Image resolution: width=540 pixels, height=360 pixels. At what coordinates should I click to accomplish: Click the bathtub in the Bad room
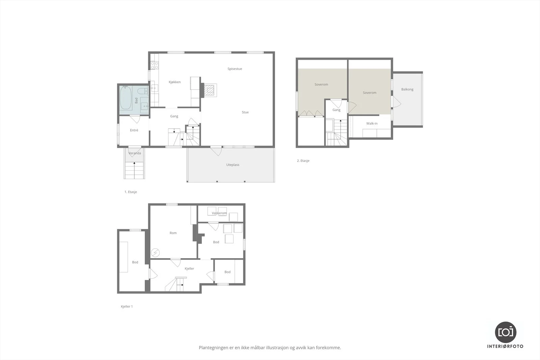126,98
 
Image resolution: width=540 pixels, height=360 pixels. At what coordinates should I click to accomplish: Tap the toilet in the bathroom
143,91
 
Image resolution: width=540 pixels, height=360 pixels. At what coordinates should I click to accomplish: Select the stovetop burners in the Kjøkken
155,65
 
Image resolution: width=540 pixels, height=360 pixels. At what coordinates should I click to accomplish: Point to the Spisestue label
235,69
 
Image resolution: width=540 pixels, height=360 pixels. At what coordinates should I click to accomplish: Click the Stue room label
245,112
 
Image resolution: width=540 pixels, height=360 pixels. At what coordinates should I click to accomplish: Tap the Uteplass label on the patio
233,165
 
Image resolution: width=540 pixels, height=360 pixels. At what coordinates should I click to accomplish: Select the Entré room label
134,130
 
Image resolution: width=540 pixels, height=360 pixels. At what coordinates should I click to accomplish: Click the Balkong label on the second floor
407,89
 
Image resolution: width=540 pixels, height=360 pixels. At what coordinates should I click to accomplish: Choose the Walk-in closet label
372,123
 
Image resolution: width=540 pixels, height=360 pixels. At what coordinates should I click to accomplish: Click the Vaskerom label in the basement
219,213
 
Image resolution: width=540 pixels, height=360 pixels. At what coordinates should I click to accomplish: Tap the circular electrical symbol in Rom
155,253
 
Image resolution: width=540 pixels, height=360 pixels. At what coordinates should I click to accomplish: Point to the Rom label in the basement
173,233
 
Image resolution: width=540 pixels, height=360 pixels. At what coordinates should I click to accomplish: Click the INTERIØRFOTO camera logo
506,332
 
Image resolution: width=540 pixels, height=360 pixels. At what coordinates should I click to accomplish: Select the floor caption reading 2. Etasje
303,161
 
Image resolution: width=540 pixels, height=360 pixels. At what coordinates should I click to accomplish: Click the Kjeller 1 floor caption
127,306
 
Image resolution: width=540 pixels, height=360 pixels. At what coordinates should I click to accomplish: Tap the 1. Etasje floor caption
131,192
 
